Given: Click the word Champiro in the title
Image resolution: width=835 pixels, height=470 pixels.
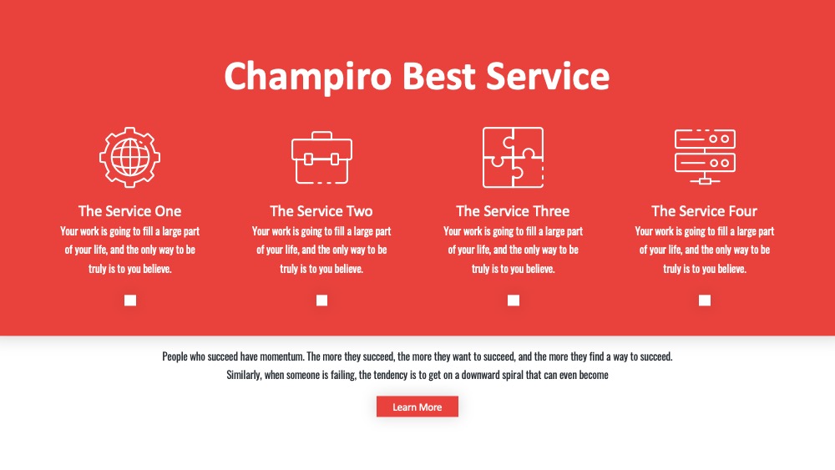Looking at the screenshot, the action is coord(308,77).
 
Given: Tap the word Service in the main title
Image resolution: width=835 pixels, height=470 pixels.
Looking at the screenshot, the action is coord(548,76).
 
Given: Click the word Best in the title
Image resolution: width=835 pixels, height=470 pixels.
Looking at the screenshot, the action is coord(439,76).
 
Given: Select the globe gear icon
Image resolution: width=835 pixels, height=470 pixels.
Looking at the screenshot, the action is coord(130,157).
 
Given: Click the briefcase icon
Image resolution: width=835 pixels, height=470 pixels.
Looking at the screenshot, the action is coord(321,158).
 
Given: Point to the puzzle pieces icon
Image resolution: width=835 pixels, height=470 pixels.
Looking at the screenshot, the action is coord(514,157).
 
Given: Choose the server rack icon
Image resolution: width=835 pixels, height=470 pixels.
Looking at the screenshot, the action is coord(705,156).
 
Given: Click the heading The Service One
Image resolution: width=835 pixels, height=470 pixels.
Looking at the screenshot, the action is coord(130,210).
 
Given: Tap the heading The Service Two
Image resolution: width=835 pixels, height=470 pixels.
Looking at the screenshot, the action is coord(321,210).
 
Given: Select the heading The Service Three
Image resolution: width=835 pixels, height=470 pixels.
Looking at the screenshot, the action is coord(513,210).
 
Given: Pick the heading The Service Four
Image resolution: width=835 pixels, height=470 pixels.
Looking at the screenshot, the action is coord(704,210).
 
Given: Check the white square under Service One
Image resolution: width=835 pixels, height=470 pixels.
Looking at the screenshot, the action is coord(130,301).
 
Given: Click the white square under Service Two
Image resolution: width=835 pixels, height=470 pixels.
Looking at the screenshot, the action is coord(321,301).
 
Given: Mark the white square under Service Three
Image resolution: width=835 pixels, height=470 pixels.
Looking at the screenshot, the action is coord(514,301).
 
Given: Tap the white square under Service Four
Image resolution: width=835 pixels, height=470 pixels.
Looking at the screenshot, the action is coord(705,301).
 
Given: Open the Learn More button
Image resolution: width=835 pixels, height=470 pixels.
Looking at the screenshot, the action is coord(417,407).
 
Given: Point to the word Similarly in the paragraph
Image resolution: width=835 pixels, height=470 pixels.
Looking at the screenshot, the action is coord(245,376).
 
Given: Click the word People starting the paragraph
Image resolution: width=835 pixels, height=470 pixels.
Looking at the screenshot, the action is coord(175,356).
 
